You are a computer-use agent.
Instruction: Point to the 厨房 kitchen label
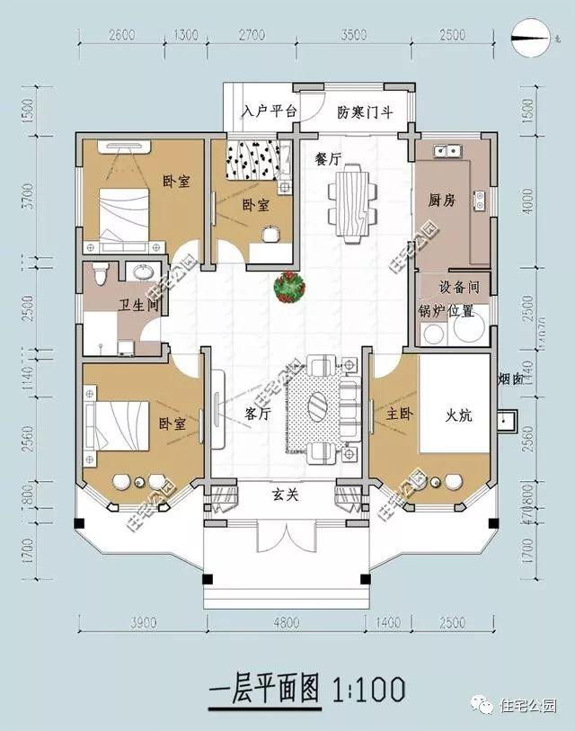coord(442,200)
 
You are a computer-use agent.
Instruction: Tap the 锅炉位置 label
coord(447,312)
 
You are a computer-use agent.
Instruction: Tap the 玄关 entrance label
coord(286,493)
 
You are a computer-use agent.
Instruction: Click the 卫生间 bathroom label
coord(138,306)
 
